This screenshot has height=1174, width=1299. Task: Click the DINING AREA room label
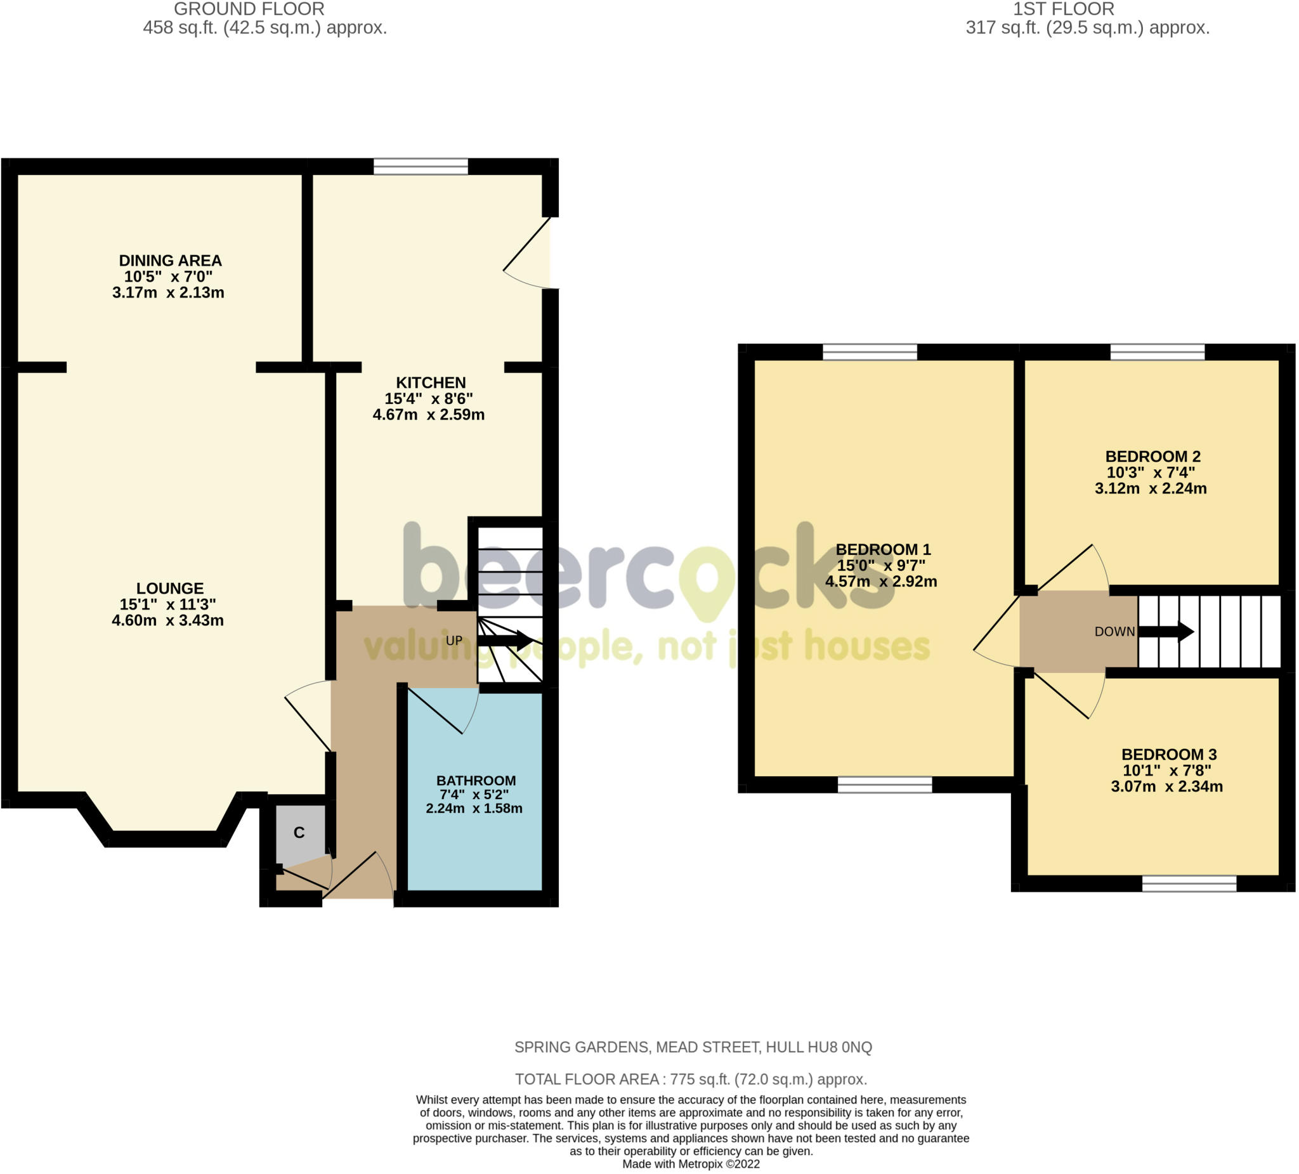click(x=170, y=261)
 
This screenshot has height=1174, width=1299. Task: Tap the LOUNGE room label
click(x=170, y=589)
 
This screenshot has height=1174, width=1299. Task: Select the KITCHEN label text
click(x=431, y=382)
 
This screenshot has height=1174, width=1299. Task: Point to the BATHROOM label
click(x=476, y=781)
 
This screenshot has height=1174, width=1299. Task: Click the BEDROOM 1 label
click(x=884, y=550)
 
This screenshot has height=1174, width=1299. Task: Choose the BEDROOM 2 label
click(x=1153, y=457)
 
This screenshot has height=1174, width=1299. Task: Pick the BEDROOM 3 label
click(x=1170, y=755)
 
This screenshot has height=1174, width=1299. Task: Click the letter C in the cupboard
click(x=299, y=833)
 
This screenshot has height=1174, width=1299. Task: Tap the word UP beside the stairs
click(x=454, y=641)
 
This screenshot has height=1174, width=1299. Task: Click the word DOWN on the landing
click(x=1114, y=632)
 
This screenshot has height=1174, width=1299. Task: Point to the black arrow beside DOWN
click(x=1166, y=632)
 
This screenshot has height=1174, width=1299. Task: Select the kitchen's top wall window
click(x=421, y=166)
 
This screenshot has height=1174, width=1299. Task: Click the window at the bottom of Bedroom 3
click(x=1189, y=884)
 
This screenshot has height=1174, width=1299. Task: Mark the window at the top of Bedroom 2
click(x=1158, y=352)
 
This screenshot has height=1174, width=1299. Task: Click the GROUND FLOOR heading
click(x=249, y=9)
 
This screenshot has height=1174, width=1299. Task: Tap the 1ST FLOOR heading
click(x=1064, y=9)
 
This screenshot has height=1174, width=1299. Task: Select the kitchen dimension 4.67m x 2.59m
click(x=429, y=415)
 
